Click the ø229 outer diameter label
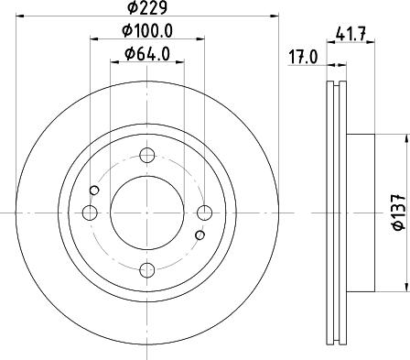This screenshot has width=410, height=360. pos(146,8)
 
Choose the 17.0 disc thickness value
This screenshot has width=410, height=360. pos(303,55)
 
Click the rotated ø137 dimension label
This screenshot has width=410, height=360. pos(397,213)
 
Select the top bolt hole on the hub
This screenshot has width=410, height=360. pos(146,157)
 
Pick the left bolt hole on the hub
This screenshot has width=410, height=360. pos(90,213)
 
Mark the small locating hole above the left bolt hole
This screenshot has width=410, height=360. pos(94,191)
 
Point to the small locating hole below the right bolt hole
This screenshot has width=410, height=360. pos(200,235)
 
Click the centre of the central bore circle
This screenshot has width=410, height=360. pos(146,213)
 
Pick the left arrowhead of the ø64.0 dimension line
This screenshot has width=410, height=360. pos(113,63)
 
